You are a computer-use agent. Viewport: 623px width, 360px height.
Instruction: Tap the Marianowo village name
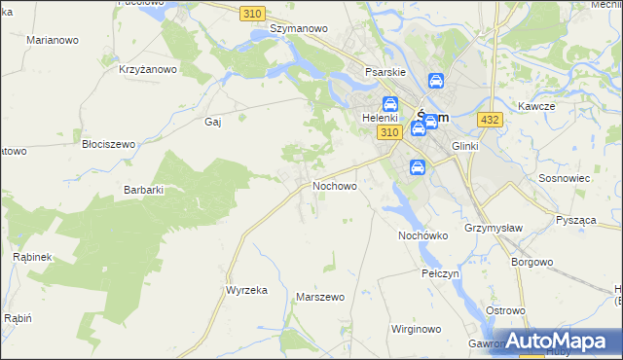click(54, 41)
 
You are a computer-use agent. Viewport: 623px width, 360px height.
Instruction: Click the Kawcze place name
click(535, 105)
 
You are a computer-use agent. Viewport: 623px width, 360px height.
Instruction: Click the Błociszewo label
click(108, 144)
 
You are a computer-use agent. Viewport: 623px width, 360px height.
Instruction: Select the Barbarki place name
click(143, 191)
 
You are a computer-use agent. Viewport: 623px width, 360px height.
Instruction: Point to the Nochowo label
click(334, 185)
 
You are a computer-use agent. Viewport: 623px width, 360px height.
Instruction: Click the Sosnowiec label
click(560, 179)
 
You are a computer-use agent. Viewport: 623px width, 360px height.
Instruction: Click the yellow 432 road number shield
click(490, 119)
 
